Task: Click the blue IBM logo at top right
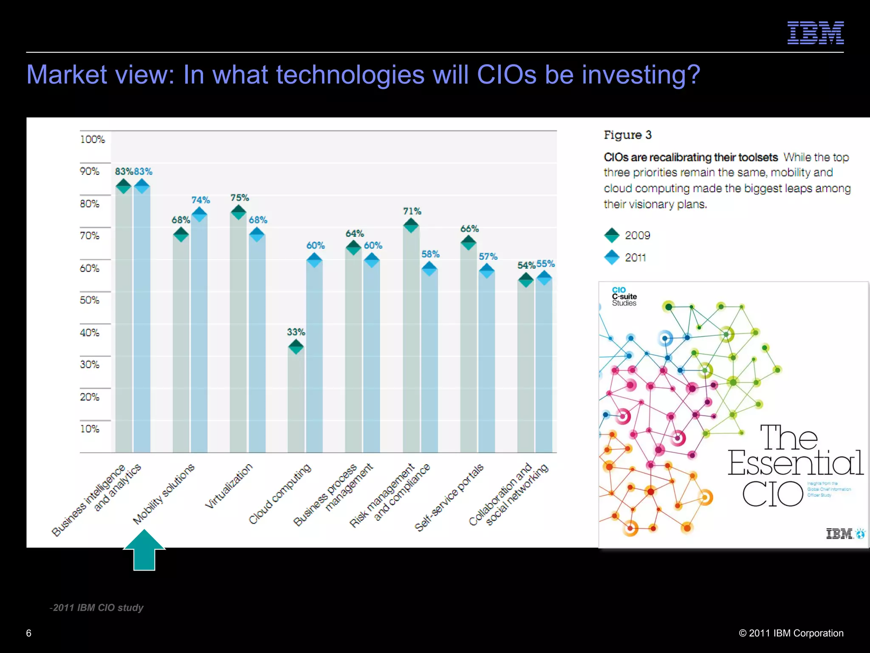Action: click(815, 33)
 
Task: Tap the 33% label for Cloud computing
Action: click(296, 332)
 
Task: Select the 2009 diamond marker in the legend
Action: click(612, 235)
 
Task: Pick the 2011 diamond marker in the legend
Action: click(612, 257)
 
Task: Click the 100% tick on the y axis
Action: click(92, 139)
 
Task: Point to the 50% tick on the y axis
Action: click(89, 300)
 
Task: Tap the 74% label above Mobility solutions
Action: click(201, 200)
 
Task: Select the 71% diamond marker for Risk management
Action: click(411, 225)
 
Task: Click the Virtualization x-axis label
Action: click(229, 486)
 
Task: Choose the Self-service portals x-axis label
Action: click(449, 497)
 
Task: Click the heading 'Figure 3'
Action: click(627, 135)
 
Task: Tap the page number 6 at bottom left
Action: click(29, 633)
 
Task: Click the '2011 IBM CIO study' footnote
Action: click(97, 608)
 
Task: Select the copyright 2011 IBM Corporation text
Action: click(791, 633)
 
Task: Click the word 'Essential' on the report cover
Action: click(795, 463)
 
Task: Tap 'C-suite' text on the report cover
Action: click(624, 296)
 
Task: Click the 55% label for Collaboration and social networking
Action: click(545, 264)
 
